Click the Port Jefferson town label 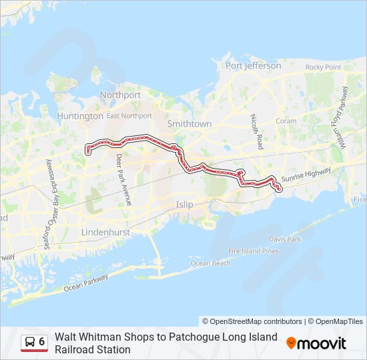coord(253,65)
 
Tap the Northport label coord(120,95)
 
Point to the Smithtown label coord(189,124)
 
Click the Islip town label coord(184,205)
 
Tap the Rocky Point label coord(323,67)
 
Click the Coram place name coord(286,121)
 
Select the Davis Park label coord(285,239)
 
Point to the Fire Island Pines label coord(254,251)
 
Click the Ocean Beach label coord(211,263)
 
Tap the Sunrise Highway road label coord(306,175)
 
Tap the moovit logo coord(316,343)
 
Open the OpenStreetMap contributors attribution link coord(253,321)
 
